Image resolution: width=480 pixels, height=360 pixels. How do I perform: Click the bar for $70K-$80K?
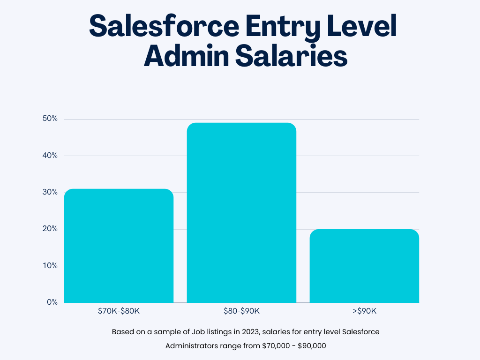coord(119,246)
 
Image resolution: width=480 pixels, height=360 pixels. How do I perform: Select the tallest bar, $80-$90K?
coord(241,213)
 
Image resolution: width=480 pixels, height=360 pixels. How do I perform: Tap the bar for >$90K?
coord(364,266)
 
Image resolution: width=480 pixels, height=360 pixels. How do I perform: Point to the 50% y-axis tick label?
coord(50,119)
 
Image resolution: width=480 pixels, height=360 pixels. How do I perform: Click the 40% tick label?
coord(50,156)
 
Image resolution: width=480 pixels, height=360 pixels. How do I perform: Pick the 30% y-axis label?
coord(50,192)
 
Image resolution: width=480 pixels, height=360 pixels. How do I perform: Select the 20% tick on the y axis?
coord(50,229)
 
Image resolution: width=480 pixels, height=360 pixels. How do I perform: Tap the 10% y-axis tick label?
coord(50,266)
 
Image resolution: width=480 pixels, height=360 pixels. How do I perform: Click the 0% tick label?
coord(52,302)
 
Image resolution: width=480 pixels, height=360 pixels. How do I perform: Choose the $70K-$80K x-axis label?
coord(119,311)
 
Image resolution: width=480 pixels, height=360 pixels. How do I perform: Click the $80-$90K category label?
coord(241,311)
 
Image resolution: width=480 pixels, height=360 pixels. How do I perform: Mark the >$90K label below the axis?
coord(364,311)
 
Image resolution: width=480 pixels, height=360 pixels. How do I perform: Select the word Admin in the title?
coord(185,57)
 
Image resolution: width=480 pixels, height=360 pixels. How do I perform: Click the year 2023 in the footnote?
coord(250,332)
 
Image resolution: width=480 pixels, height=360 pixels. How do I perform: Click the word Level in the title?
coord(363,27)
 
